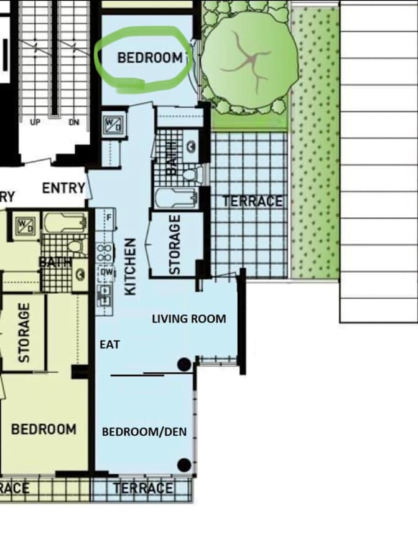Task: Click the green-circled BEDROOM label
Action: coord(150,58)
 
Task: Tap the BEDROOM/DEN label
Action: coord(144,432)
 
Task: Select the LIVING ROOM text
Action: coord(189,319)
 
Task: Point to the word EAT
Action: coord(109,344)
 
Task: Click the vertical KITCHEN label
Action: coord(131,266)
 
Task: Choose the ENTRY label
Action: coord(63,188)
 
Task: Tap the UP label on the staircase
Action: coord(35,122)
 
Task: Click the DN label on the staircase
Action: coord(74,122)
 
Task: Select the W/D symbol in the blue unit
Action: coord(113,125)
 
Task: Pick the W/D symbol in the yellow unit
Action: coord(26,225)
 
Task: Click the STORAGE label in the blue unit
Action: coord(175,245)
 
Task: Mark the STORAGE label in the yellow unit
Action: coord(24,332)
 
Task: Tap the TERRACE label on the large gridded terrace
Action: coord(253,201)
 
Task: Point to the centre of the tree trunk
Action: coord(252,60)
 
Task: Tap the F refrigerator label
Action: coord(109,217)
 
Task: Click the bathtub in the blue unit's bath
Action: coord(177,198)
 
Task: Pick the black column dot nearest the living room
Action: coord(184,365)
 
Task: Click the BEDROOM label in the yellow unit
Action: coord(44,430)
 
